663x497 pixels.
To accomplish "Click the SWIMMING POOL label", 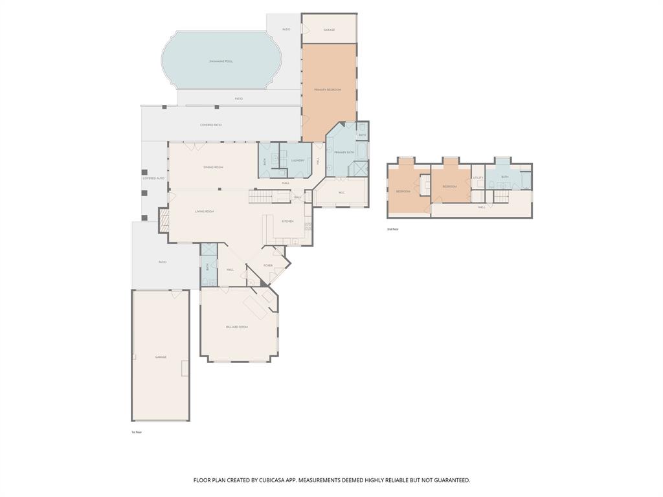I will (x=221, y=61).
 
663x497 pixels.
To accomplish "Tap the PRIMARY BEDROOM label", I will (x=328, y=89).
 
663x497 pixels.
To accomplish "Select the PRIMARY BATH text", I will (x=344, y=152).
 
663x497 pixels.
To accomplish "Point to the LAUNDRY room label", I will (x=298, y=160).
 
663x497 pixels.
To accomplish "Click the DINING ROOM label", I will (x=213, y=167).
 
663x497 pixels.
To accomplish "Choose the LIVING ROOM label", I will (x=205, y=211).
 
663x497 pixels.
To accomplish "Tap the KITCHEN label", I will (x=287, y=221).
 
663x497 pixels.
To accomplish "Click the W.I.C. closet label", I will (x=341, y=192).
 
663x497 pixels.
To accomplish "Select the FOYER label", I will (x=268, y=265).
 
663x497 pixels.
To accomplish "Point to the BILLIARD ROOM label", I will (x=237, y=327).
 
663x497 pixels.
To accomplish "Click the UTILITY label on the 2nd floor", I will (x=478, y=177).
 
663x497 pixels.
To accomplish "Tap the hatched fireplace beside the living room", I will (x=164, y=220).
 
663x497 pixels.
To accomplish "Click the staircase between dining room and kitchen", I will (x=259, y=197).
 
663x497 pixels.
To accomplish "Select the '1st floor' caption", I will (x=137, y=432).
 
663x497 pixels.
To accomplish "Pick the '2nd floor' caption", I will (x=392, y=229).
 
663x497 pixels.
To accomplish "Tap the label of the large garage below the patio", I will (x=161, y=357).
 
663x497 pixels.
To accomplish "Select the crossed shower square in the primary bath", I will (x=359, y=168).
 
